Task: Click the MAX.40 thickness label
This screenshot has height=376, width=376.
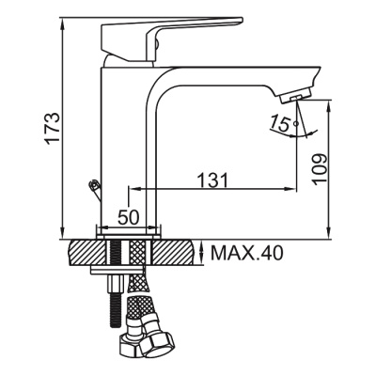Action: click(x=246, y=253)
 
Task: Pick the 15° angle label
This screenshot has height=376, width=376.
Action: click(x=279, y=121)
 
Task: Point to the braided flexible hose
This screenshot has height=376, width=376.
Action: click(x=139, y=301)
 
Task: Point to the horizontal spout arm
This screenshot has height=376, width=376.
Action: click(x=235, y=75)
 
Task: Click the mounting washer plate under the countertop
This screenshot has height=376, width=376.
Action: click(x=117, y=272)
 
